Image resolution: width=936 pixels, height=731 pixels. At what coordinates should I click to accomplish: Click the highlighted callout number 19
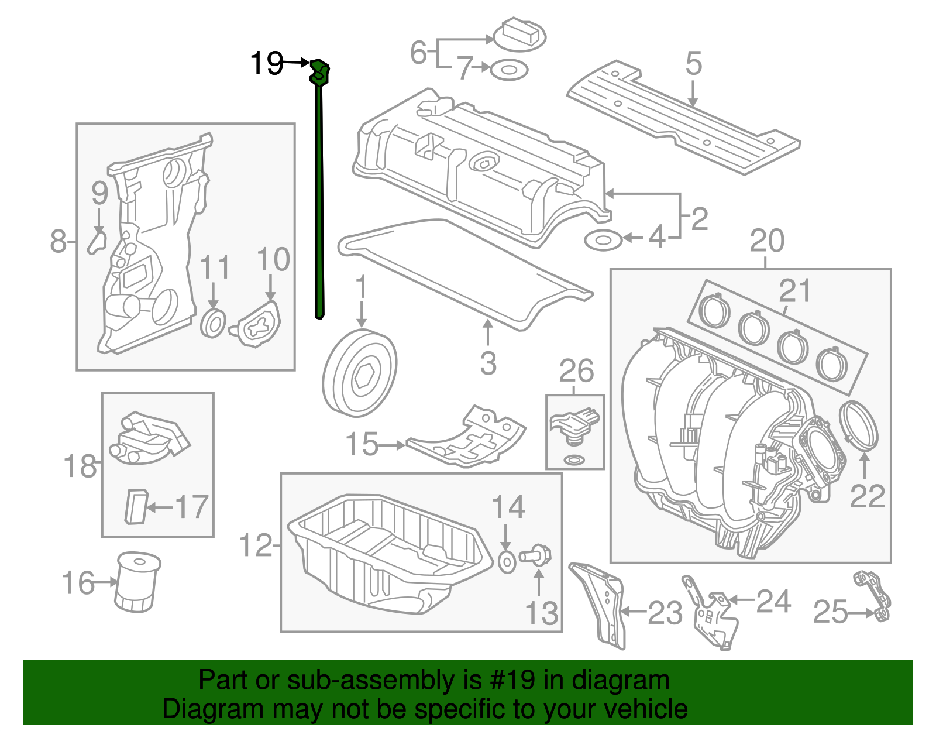pos(266,63)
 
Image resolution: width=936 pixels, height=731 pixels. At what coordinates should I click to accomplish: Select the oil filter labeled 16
pos(138,582)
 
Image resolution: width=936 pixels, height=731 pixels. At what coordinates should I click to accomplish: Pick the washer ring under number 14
pos(507,561)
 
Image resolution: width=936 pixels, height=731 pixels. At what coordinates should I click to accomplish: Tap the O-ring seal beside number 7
pos(508,70)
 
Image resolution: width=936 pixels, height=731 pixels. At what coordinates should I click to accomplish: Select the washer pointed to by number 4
pos(603,240)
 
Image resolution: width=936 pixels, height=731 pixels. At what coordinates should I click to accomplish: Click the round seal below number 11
pos(213,324)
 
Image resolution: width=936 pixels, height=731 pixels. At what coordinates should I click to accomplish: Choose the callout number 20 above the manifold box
pos(766,241)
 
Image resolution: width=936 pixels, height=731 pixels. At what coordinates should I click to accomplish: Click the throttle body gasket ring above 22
pos(859,425)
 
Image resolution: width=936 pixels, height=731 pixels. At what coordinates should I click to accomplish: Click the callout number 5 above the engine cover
pos(693,63)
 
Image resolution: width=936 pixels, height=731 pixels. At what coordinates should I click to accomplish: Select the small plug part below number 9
pos(97,241)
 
